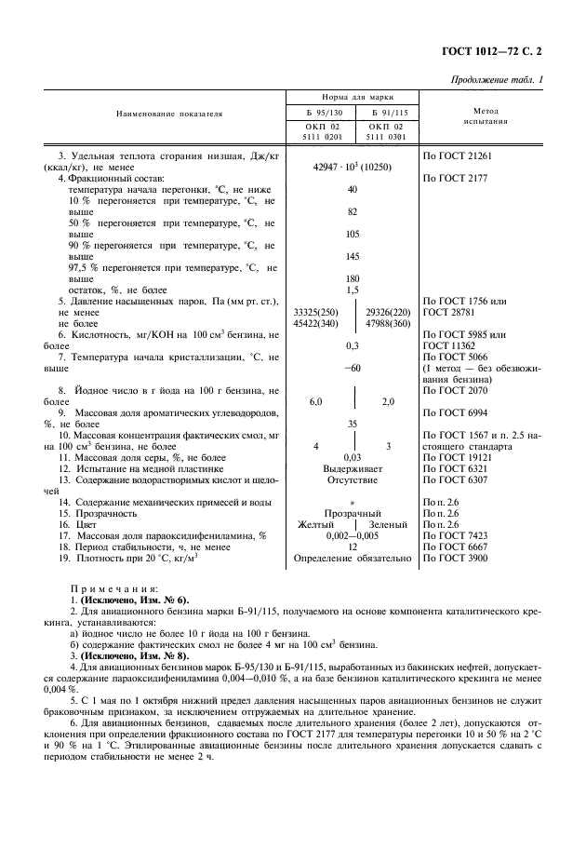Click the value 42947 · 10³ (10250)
pos(353,164)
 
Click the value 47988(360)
pos(389,325)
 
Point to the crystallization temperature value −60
pos(353,367)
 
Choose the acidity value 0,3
pos(353,345)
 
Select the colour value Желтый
pos(314,525)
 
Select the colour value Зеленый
pos(387,525)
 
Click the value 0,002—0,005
pos(353,536)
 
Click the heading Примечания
pos(114,588)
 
